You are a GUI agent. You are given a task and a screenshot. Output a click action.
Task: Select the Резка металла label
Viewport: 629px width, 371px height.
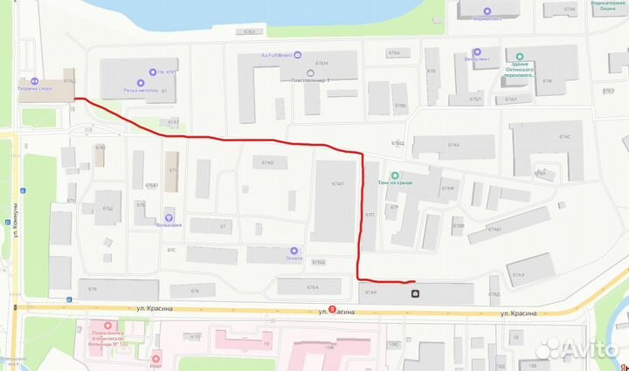coord(140,90)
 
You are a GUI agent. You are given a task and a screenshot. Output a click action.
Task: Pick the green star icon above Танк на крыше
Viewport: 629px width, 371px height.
coord(394,173)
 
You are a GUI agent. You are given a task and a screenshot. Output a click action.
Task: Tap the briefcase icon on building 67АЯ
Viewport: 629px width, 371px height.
coord(415,293)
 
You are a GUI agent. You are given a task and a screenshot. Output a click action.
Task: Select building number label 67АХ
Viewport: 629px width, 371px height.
coord(453,145)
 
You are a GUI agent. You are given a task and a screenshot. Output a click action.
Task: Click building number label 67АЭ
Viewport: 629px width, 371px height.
coord(519,275)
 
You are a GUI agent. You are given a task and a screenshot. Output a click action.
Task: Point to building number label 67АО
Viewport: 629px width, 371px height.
coord(267,163)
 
